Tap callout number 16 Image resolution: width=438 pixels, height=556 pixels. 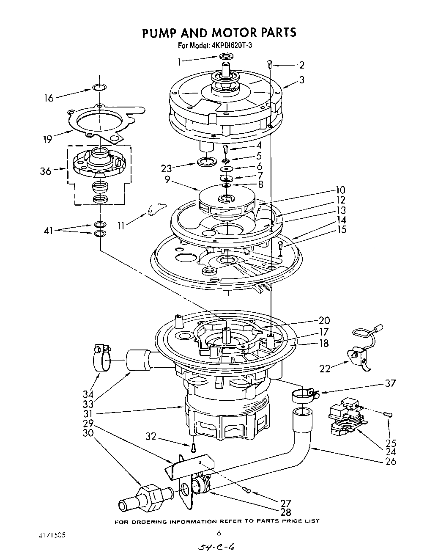[x=49, y=98]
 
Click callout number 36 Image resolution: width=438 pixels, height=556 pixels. [x=45, y=171]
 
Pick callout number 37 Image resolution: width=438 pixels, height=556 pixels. [x=390, y=383]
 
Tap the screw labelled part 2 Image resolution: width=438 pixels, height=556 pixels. [x=270, y=64]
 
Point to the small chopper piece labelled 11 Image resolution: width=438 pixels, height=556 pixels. [x=156, y=209]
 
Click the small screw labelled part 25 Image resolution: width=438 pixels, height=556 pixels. [x=389, y=414]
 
